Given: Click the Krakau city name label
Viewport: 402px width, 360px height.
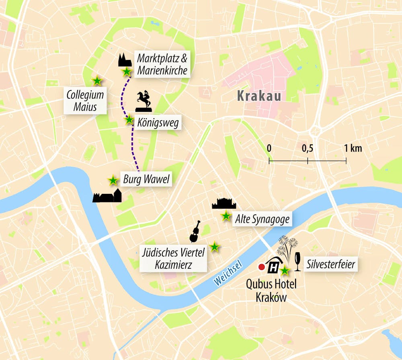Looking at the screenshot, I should (258, 96).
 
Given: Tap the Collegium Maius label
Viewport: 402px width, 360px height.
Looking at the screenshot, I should (85, 101).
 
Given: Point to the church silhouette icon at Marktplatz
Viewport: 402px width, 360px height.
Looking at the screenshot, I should (125, 60).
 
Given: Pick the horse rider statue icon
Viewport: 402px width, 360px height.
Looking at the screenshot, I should (144, 101).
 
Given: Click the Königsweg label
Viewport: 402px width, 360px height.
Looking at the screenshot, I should (158, 121).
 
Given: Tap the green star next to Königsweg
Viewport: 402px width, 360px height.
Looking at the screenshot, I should (129, 120).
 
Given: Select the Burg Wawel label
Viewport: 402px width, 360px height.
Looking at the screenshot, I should (146, 179).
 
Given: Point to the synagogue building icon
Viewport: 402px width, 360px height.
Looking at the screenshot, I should (224, 204).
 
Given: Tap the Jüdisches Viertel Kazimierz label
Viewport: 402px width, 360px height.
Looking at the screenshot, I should (173, 259).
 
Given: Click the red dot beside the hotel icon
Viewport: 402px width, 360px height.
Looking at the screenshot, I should (261, 267).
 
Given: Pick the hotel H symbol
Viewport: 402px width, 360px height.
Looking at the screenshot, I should (274, 266).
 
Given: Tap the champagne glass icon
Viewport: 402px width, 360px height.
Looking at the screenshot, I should (298, 261).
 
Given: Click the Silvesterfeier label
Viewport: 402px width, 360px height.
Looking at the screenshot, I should (330, 264).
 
